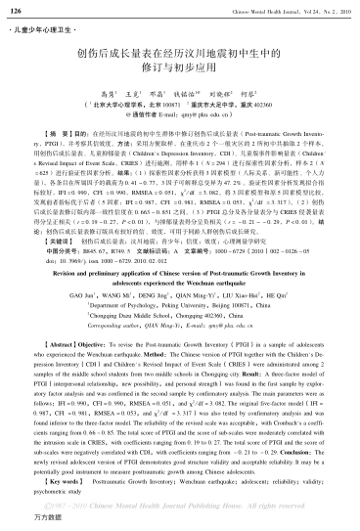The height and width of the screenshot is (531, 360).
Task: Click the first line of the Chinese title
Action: pyautogui.click(x=179, y=57)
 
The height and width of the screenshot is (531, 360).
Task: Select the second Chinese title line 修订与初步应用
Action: pyautogui.click(x=179, y=73)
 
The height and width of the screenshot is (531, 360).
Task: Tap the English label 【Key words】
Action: pyautogui.click(x=43, y=481)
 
